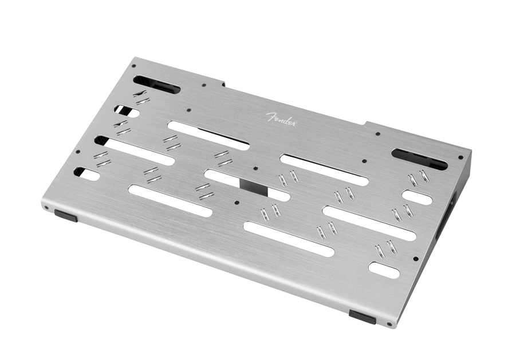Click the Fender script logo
pyautogui.click(x=282, y=119)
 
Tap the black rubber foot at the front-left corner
pyautogui.click(x=66, y=215)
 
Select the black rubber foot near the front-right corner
pyautogui.click(x=362, y=317)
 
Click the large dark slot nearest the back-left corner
pyautogui.click(x=157, y=84)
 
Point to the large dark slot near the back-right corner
pyautogui.click(x=420, y=158)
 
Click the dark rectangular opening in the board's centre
pyautogui.click(x=254, y=187)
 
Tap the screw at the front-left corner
pyautogui.click(x=46, y=208)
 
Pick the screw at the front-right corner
pyautogui.click(x=389, y=324)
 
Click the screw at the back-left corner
pyautogui.click(x=133, y=66)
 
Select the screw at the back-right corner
pyautogui.click(x=460, y=157)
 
